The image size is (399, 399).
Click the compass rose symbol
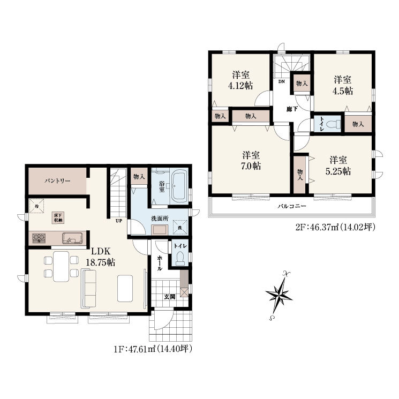click(278, 296)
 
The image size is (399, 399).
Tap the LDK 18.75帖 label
click(101, 257)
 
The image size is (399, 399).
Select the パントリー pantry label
click(57, 181)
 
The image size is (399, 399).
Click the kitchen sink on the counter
click(72, 238)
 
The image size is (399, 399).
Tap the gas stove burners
click(39, 238)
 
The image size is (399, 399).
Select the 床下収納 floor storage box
click(58, 217)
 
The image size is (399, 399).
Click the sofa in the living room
click(88, 289)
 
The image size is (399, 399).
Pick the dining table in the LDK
click(61, 266)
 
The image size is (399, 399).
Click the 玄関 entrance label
click(169, 297)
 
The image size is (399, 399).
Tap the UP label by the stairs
click(119, 221)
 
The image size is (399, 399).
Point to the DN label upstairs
click(281, 82)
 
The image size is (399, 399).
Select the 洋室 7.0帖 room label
click(251, 160)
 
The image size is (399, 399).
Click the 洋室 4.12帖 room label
click(240, 80)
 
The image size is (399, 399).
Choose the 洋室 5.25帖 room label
click(338, 165)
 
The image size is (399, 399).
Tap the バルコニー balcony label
click(291, 206)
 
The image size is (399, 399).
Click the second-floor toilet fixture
click(333, 124)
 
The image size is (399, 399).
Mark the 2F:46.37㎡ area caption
click(335, 227)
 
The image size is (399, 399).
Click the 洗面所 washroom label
click(160, 219)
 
